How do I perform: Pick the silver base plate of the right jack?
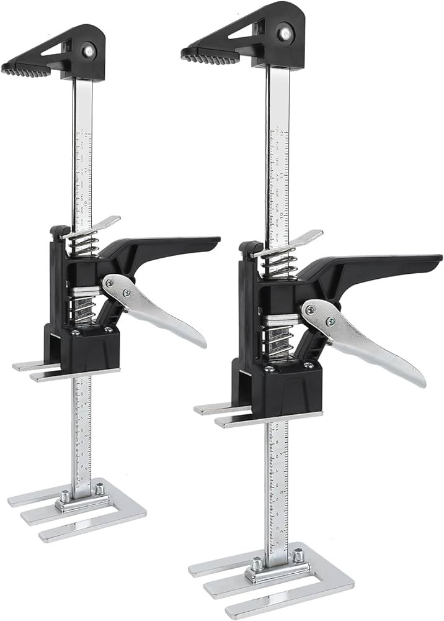point(273,574)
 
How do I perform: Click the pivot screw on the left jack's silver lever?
point(127,292)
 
